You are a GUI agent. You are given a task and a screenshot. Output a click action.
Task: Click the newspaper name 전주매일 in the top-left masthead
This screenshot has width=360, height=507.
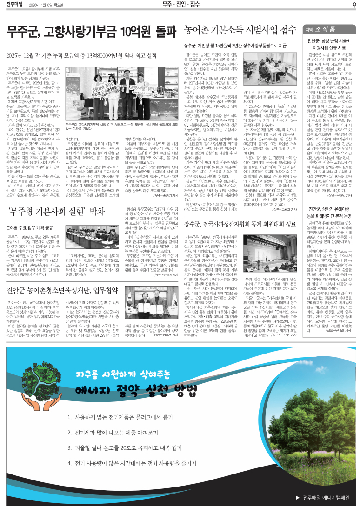pos(16,5)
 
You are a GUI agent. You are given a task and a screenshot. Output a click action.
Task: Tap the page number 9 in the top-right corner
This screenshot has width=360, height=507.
pos(354,5)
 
